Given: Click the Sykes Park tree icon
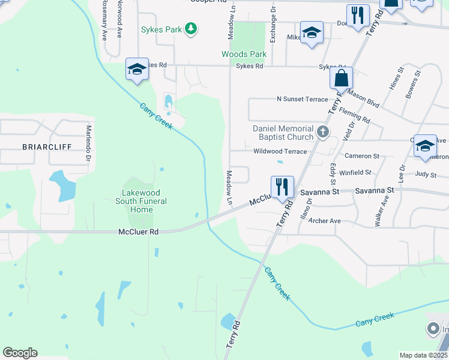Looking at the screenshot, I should [x=191, y=29].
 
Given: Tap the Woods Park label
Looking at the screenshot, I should [x=244, y=54].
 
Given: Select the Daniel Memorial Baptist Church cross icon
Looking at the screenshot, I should [x=323, y=132].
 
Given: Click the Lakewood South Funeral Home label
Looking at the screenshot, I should [x=142, y=201].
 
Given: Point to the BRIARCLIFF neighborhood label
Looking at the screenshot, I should [x=47, y=146].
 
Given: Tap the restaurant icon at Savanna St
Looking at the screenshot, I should [x=282, y=187].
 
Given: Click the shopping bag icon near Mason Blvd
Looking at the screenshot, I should [x=341, y=79].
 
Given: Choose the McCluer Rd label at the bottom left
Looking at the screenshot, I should [x=138, y=231].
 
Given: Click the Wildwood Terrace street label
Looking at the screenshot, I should [x=280, y=152].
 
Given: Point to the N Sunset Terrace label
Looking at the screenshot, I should [x=302, y=99].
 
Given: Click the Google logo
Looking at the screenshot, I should [x=20, y=353].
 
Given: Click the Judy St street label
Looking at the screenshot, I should [x=426, y=175].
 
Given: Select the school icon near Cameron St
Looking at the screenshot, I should [x=425, y=146].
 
